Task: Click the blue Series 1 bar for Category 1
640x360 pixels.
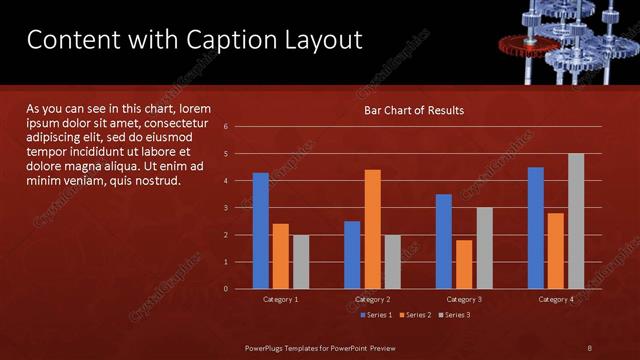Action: (260, 231)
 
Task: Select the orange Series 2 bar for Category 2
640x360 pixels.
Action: (372, 229)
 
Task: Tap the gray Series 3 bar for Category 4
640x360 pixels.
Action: (575, 221)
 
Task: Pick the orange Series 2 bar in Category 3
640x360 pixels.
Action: (464, 264)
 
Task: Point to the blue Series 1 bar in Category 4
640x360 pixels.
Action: (536, 228)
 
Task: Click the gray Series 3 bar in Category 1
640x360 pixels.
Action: (301, 262)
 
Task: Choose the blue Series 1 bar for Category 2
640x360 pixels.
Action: (352, 255)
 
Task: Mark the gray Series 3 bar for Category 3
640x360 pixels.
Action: (484, 248)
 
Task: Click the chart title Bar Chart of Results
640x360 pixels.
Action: (413, 110)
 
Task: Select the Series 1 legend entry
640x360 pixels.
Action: (375, 315)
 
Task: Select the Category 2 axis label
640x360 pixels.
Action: (372, 299)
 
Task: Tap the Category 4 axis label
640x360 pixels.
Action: (556, 299)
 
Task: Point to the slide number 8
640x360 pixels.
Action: (589, 347)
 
